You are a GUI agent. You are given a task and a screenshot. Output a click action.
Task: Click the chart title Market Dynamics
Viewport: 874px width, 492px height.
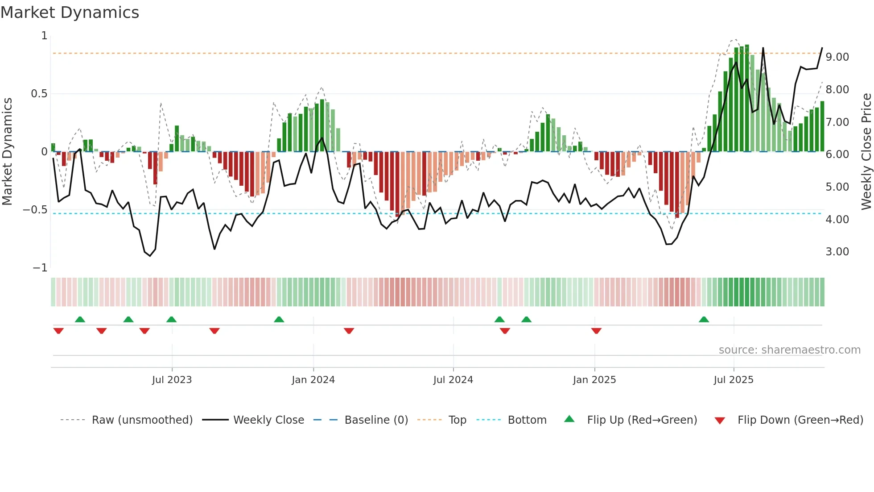(x=70, y=13)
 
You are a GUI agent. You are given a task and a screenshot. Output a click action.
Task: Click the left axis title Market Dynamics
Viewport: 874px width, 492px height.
(x=7, y=152)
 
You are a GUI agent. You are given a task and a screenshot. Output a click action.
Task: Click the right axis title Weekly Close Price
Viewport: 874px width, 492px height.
(x=866, y=152)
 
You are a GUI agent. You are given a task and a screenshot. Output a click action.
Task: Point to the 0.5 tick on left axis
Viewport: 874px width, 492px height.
(x=39, y=94)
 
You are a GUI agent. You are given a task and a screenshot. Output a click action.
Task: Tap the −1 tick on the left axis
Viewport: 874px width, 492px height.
(x=40, y=268)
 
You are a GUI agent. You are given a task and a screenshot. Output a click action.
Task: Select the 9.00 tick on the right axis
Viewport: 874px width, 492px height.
(x=837, y=57)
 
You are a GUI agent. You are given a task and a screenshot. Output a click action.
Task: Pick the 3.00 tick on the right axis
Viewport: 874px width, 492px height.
(x=837, y=252)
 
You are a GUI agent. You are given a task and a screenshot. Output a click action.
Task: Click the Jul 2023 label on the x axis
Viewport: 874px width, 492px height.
(x=172, y=380)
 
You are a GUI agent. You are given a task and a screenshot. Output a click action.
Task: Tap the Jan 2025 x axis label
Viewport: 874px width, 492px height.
(x=594, y=380)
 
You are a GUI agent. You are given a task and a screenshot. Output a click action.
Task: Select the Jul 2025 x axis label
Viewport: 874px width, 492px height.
(x=734, y=380)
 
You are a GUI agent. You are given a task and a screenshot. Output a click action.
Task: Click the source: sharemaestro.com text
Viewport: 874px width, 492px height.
(x=789, y=350)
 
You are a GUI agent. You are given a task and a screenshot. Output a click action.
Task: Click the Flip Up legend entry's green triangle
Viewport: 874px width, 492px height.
(x=569, y=419)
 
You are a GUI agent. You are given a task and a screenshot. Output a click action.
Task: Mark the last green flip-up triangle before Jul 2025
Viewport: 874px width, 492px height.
(x=704, y=320)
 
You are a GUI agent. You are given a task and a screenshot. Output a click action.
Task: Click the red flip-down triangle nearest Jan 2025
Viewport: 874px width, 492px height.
(x=596, y=331)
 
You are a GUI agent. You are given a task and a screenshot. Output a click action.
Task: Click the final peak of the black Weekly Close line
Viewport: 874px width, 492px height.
(x=822, y=48)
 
